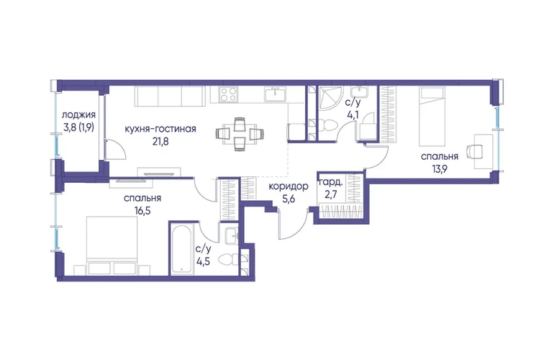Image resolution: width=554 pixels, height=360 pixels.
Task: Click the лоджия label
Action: (x=78, y=116)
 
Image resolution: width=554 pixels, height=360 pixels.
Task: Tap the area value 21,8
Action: (x=160, y=142)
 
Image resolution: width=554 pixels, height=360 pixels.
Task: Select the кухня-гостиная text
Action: (x=160, y=129)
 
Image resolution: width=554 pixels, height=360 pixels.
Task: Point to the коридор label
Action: (x=289, y=186)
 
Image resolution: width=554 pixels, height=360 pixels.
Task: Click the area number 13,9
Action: (x=440, y=169)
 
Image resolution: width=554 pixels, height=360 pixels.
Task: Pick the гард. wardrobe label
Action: (x=331, y=183)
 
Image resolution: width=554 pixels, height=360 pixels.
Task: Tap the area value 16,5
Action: (x=142, y=211)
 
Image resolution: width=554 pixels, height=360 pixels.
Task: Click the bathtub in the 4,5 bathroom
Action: (x=182, y=249)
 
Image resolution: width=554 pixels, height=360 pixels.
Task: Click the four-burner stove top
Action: (x=228, y=94)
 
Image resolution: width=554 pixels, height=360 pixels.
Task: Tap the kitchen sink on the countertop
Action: (x=276, y=94)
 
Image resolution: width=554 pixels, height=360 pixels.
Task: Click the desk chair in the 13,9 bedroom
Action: (x=475, y=151)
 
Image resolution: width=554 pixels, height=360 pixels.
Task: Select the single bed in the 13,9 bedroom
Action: (x=431, y=117)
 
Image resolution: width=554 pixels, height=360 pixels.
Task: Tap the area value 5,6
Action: (x=289, y=199)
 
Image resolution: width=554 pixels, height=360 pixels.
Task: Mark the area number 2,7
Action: (x=330, y=195)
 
